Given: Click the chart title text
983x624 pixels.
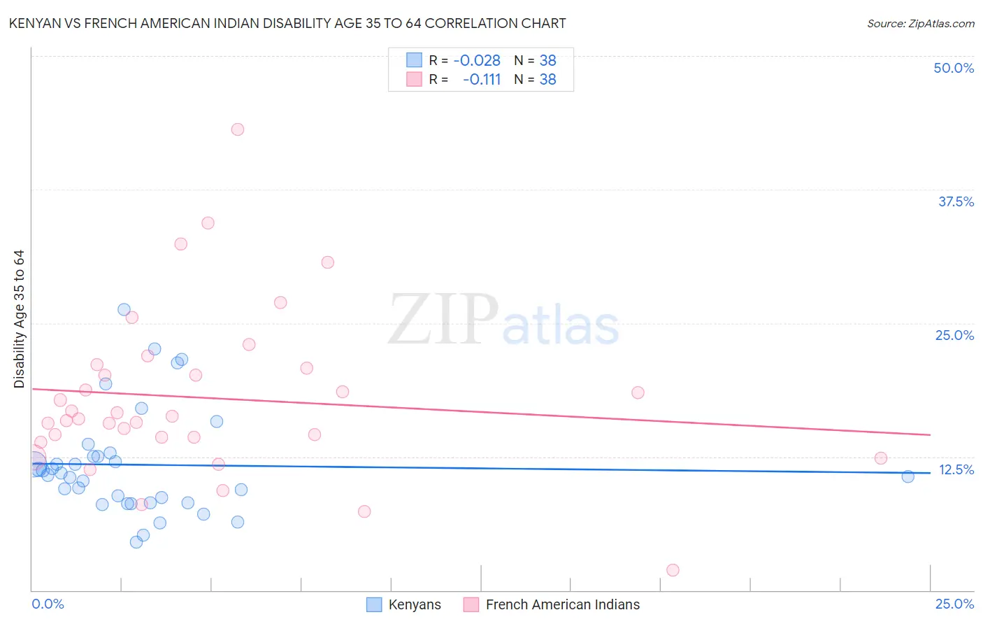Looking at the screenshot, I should (x=287, y=23).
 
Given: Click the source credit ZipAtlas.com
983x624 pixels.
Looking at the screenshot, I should (x=920, y=23).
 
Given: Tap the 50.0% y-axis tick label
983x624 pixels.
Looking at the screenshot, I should (x=954, y=68).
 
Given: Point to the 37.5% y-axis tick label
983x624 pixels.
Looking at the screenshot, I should (x=956, y=201).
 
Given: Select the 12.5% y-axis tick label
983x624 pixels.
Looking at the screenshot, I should (x=956, y=469).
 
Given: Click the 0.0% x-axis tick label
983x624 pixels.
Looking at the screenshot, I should (x=48, y=604).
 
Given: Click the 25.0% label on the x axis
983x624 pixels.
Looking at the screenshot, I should (x=954, y=604).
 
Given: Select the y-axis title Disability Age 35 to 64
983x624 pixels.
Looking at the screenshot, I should (x=19, y=319).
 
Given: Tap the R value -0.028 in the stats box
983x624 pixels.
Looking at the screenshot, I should (x=477, y=61).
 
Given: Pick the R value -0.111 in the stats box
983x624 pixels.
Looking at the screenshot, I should (x=482, y=80).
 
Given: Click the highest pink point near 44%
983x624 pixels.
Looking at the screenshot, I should (x=238, y=129).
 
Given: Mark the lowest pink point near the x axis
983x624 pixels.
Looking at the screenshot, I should (x=673, y=570).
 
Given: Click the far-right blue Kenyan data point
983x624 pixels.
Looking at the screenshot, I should (x=907, y=476).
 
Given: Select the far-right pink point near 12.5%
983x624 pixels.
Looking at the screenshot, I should (x=881, y=458).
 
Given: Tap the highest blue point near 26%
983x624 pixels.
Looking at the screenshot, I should (x=124, y=309).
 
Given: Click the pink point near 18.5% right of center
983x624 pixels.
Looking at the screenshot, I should (x=638, y=392).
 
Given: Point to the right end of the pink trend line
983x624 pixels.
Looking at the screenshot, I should (x=930, y=434).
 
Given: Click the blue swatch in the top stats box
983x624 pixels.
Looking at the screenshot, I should (x=414, y=60).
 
